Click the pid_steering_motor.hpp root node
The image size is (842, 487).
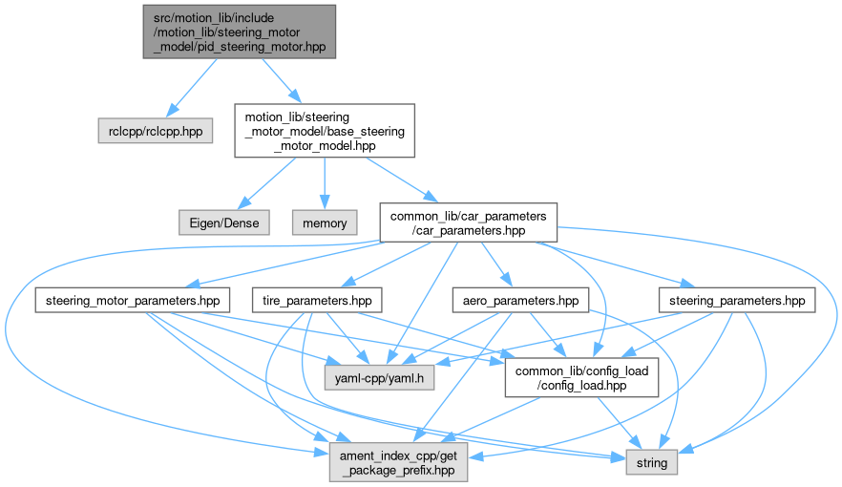tap(239, 32)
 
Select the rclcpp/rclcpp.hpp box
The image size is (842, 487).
tap(156, 130)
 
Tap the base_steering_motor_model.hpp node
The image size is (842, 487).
tap(325, 131)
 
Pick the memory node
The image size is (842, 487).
tap(325, 222)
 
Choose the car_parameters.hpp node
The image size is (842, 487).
tap(468, 222)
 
